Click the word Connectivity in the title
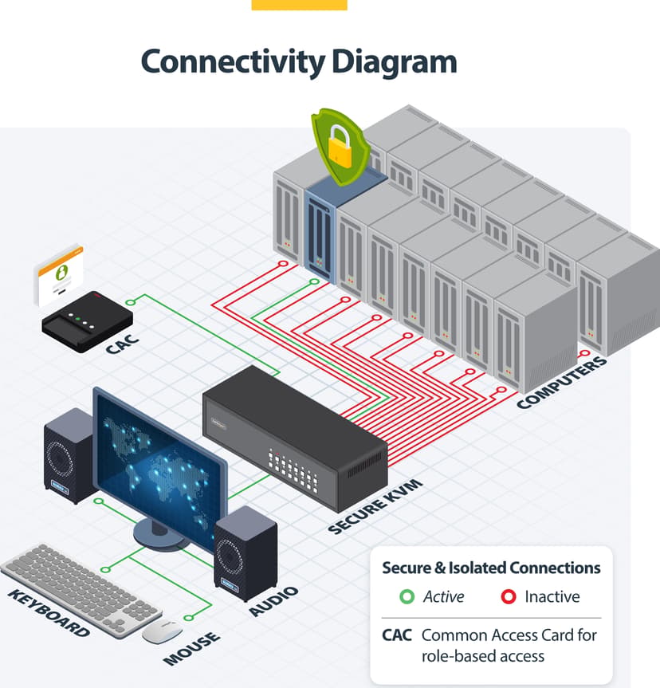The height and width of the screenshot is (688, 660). [x=233, y=62]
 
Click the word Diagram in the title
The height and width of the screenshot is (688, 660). [x=395, y=62]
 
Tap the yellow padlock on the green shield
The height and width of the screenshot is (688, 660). [x=340, y=146]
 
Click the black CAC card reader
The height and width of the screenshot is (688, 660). [x=87, y=321]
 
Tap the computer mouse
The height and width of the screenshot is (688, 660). [x=162, y=631]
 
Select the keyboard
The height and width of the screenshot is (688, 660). [x=81, y=590]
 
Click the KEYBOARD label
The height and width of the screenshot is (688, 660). [x=49, y=612]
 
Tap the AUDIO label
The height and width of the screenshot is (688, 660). [x=273, y=601]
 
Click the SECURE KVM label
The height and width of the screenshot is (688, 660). [x=375, y=507]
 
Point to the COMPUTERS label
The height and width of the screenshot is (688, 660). [x=562, y=383]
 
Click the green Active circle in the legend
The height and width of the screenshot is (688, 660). [x=407, y=597]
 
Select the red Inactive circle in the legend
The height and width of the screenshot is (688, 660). [x=509, y=597]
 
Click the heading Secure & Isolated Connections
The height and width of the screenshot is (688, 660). [x=491, y=568]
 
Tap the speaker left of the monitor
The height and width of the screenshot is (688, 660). [x=69, y=455]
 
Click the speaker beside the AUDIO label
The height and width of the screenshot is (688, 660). [x=246, y=553]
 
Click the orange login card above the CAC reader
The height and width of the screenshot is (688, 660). [x=59, y=275]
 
